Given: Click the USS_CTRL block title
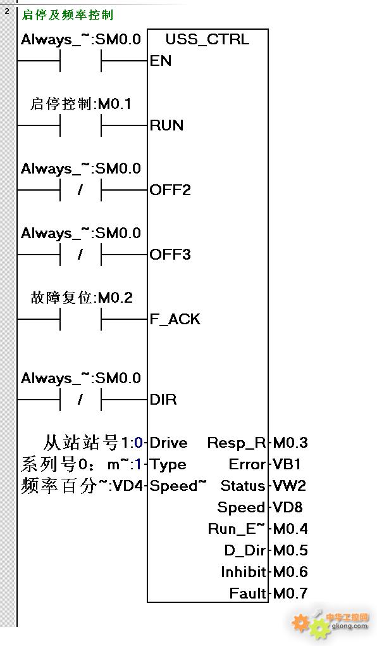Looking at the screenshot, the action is click(207, 39).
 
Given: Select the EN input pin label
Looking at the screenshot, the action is click(161, 61).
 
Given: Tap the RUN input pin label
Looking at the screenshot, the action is click(166, 125).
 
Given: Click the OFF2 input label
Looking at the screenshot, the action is click(170, 190).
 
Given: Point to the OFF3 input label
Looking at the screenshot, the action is click(170, 255).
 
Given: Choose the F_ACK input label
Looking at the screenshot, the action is click(175, 319).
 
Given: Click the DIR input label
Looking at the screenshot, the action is click(163, 400).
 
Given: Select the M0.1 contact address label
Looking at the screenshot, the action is click(115, 104).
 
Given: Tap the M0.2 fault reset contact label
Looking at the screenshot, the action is click(115, 298).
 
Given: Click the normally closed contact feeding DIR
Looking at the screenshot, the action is click(81, 399).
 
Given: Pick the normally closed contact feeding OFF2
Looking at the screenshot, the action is click(81, 190).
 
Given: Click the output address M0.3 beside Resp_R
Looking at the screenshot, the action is click(290, 443).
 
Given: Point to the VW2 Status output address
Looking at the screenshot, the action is click(289, 486).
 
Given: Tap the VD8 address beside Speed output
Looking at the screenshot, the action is click(288, 507).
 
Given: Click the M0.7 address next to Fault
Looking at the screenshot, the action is click(290, 593).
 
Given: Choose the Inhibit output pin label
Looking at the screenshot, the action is click(244, 572).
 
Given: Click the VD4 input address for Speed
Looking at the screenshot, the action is click(127, 486).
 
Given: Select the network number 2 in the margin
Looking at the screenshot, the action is click(6, 11).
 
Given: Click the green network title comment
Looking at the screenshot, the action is click(67, 15).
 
